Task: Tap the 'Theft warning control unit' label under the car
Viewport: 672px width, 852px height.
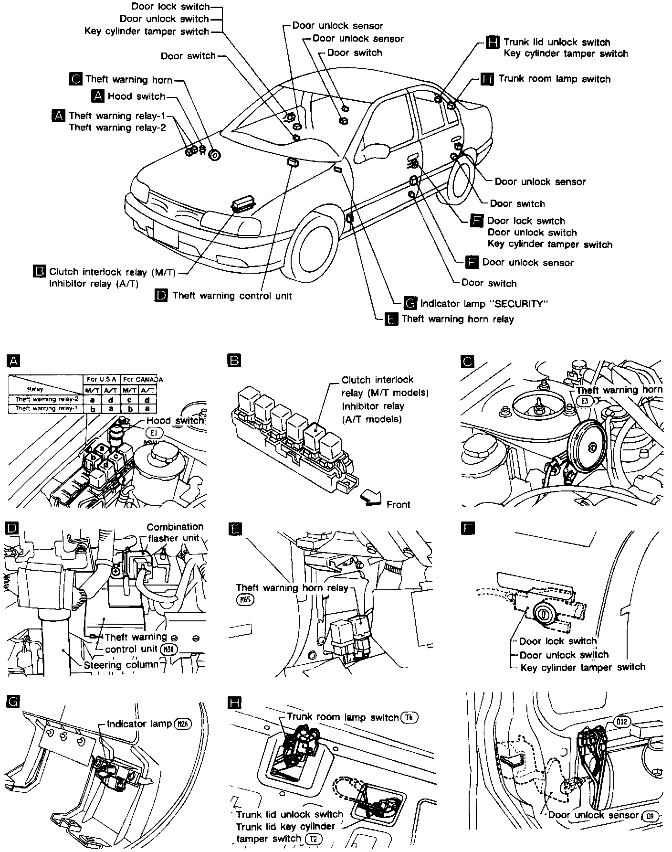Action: coord(232,296)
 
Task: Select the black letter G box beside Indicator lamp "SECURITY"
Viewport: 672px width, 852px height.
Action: coord(410,303)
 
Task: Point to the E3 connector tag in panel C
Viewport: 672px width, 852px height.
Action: coord(584,401)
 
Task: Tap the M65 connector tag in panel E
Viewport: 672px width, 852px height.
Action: coord(244,599)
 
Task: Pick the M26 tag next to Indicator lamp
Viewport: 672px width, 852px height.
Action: coord(182,724)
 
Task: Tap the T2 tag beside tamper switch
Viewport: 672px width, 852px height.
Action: coord(313,839)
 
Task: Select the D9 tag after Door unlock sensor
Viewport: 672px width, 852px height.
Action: coord(650,816)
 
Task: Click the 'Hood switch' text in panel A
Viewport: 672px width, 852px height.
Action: coord(175,421)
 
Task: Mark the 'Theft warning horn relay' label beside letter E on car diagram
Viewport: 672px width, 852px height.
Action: coord(458,319)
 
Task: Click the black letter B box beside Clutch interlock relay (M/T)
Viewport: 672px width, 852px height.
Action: coord(39,271)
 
